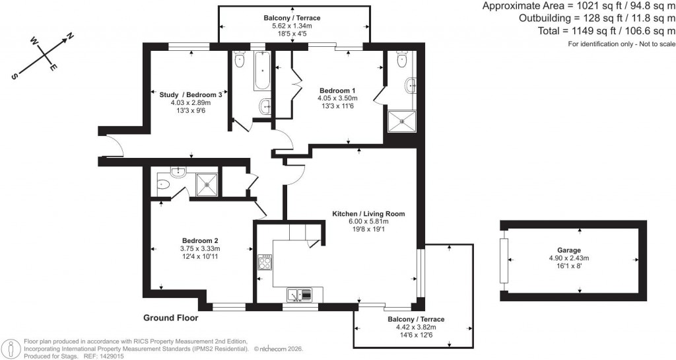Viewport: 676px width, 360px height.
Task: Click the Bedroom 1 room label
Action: click(x=337, y=90)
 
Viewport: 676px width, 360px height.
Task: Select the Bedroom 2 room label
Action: click(x=200, y=240)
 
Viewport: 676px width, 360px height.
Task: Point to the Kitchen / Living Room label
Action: click(x=368, y=214)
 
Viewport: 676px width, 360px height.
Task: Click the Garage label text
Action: click(x=568, y=250)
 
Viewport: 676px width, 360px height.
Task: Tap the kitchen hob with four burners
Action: click(x=265, y=263)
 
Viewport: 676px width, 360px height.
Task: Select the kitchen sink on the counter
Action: click(x=299, y=295)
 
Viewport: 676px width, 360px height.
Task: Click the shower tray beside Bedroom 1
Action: click(x=401, y=121)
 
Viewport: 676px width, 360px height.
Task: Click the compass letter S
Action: click(x=14, y=76)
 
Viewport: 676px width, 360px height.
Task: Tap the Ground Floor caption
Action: click(x=170, y=318)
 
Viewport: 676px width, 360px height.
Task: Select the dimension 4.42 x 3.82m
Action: click(x=415, y=328)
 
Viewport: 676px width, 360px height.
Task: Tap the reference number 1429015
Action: click(x=110, y=355)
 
